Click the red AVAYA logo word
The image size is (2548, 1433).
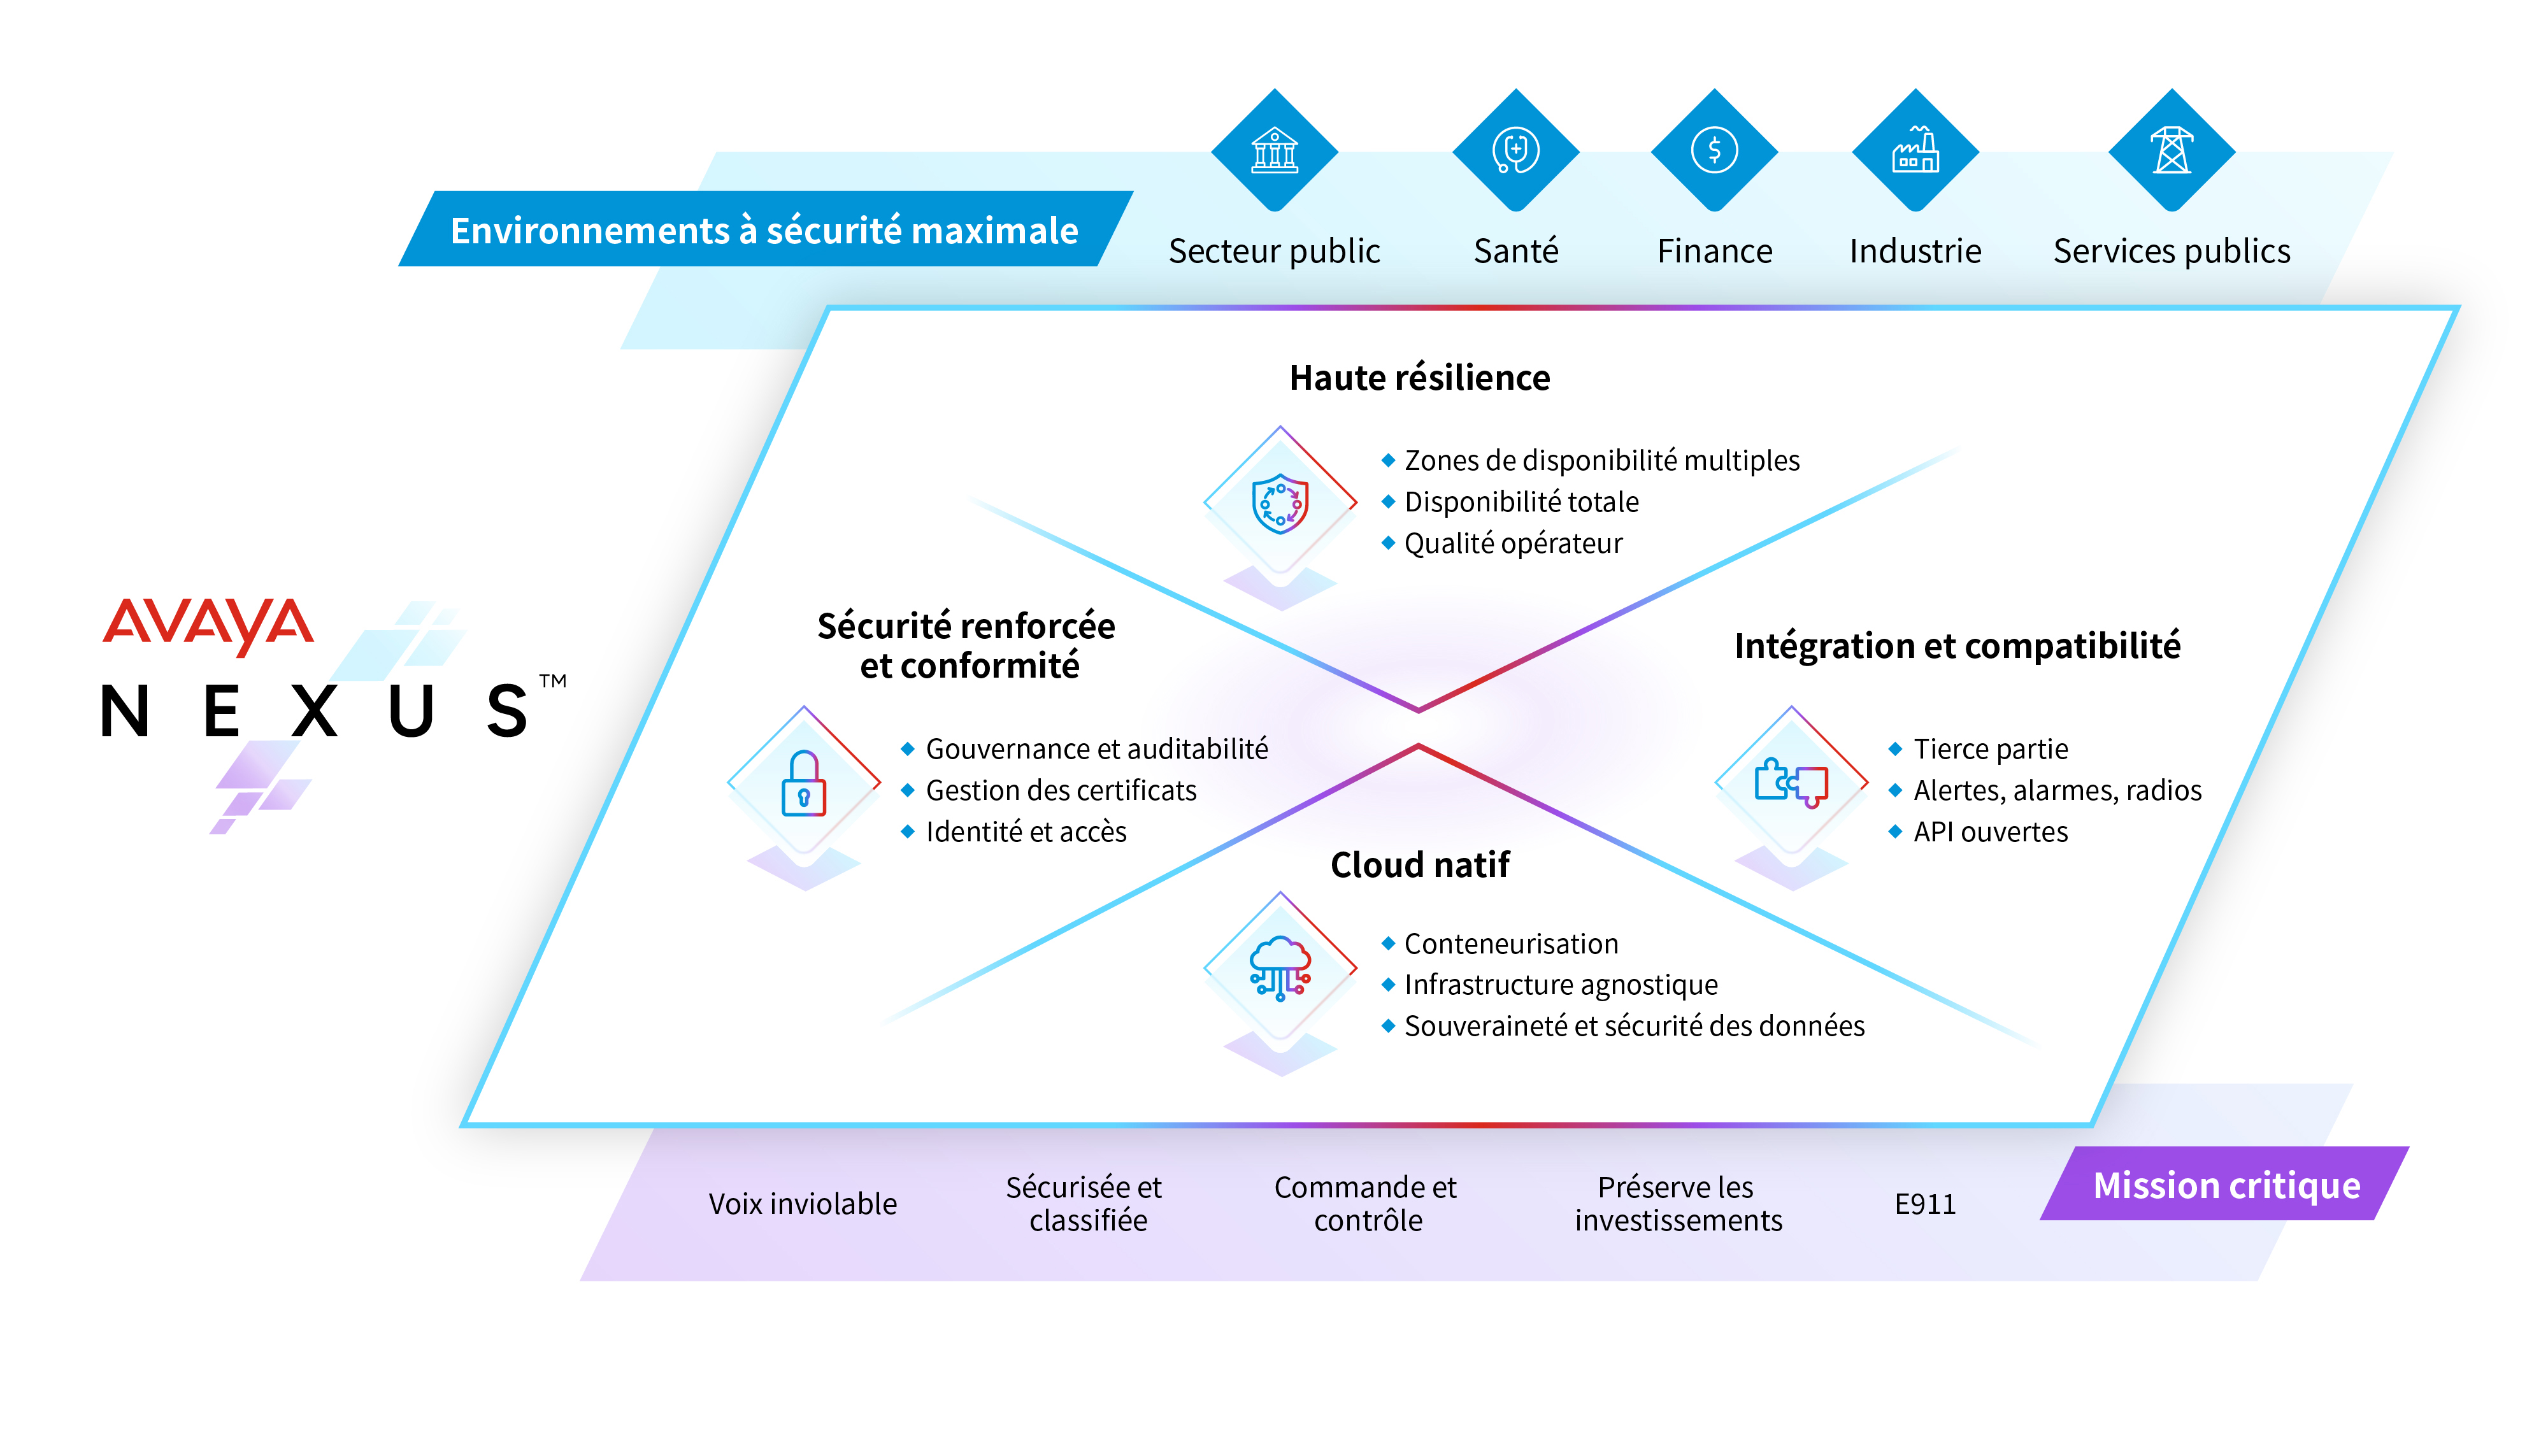click(208, 625)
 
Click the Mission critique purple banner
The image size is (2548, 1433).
click(2226, 1184)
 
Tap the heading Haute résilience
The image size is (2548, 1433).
click(1419, 378)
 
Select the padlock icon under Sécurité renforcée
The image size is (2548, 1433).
click(803, 783)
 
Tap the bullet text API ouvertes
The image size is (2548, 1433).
click(1990, 832)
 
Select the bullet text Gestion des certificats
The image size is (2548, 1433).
click(1061, 790)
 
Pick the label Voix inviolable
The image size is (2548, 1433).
click(802, 1204)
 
